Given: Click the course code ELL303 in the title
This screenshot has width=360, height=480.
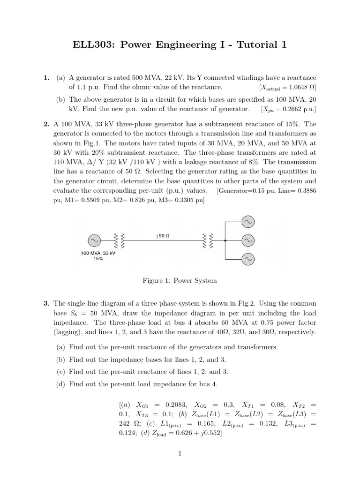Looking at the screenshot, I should (92, 45).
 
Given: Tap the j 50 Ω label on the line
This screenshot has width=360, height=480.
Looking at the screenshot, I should (163, 236).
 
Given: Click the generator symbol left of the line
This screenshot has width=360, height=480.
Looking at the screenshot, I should (94, 241).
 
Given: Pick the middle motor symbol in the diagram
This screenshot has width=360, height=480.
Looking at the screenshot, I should (247, 240).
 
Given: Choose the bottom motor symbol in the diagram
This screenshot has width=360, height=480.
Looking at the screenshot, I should (247, 259).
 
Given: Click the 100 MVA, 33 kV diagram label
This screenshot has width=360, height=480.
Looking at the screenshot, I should (98, 253).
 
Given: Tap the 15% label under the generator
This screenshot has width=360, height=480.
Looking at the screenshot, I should (98, 259).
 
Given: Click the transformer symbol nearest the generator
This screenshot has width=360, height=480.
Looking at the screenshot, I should (119, 241).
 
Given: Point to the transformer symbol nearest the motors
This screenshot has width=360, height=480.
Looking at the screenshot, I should (207, 241).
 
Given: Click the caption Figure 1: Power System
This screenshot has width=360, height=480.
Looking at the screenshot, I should (180, 281).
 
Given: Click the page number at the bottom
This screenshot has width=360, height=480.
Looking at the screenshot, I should (180, 453).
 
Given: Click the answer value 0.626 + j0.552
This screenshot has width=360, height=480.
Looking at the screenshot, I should (195, 434).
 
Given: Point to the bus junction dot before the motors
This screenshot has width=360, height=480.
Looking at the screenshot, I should (225, 241).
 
